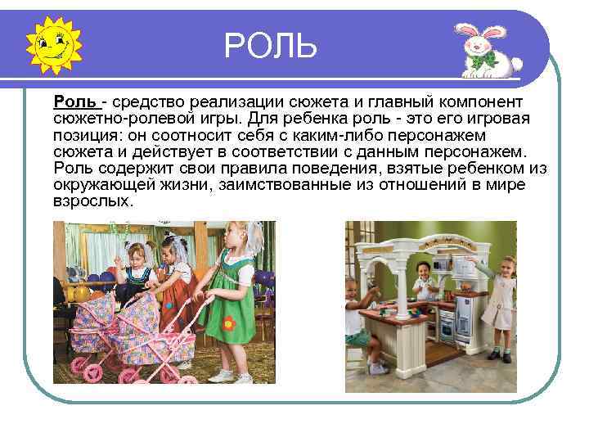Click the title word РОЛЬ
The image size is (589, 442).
270,46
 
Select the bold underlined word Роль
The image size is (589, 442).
76,101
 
